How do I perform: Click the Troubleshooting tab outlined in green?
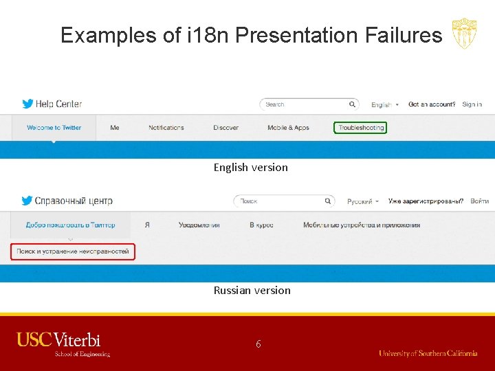pos(360,128)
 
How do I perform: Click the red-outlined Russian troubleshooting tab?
pos(73,251)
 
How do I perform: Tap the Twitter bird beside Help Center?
pos(27,104)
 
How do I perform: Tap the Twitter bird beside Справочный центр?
pos(27,201)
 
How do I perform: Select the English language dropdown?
pos(383,105)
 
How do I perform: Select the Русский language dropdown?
pos(363,201)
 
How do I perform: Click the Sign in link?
pos(472,104)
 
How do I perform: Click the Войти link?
pos(479,201)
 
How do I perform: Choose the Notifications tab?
pos(166,128)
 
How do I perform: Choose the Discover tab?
pos(225,128)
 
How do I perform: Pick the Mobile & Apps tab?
pos(288,128)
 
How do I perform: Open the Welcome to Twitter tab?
pos(54,128)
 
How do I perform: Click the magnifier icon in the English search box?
pos(352,104)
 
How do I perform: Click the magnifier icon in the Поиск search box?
pos(327,201)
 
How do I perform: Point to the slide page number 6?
pos(258,344)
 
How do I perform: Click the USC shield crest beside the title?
pos(463,34)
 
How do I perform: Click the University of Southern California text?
pos(428,353)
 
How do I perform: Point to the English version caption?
pos(250,167)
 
